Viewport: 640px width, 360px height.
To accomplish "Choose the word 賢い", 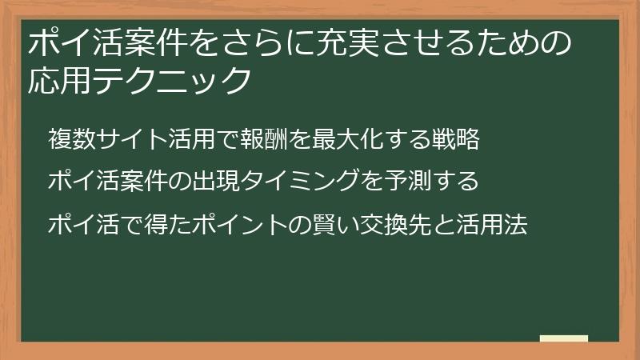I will coord(326,224).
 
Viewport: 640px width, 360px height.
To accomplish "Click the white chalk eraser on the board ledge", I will coord(563,338).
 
